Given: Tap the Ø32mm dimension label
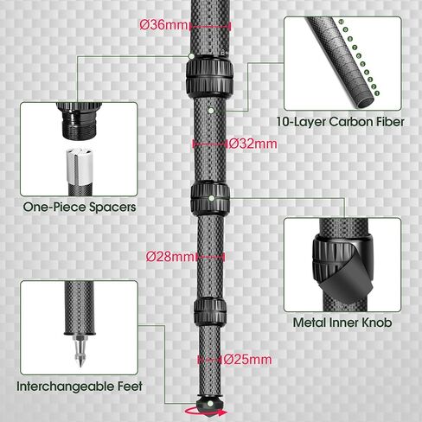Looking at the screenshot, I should [x=249, y=142].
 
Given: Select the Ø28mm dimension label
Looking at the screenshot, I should [x=170, y=256].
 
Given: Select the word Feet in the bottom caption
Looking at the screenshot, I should [x=127, y=387].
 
